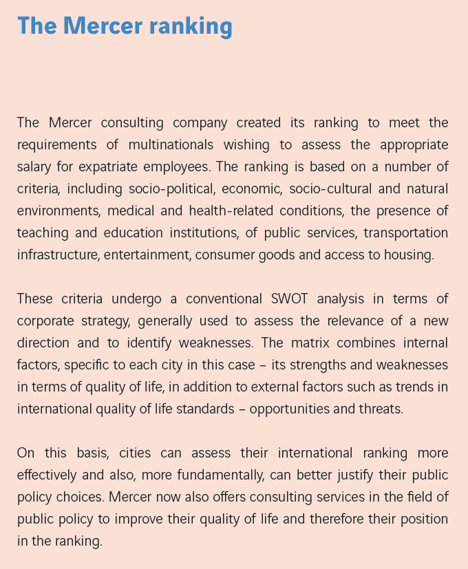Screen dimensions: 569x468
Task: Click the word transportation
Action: [x=406, y=233]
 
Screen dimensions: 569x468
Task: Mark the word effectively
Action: [x=50, y=475]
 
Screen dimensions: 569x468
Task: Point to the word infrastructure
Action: [x=56, y=255]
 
